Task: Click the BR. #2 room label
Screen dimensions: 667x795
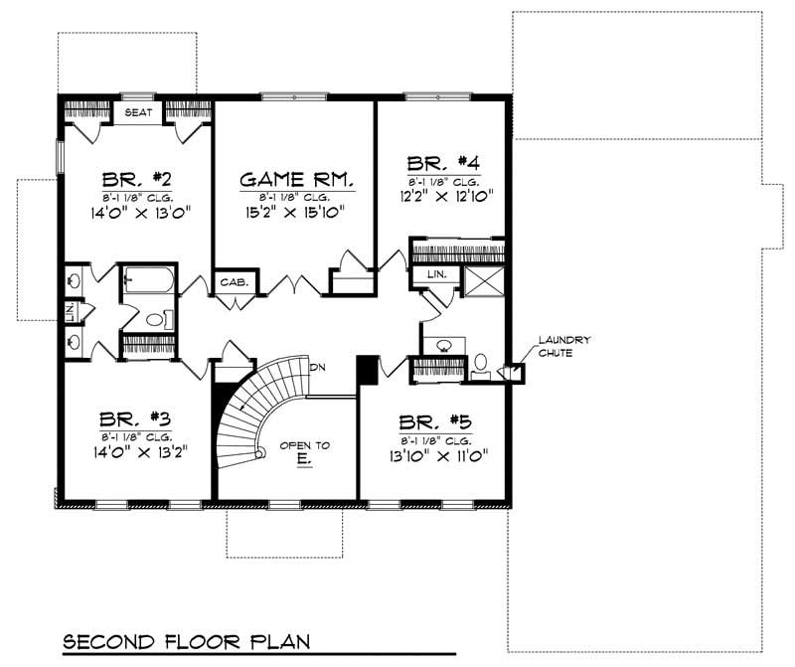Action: (x=137, y=180)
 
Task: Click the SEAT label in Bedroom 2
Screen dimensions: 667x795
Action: (x=138, y=112)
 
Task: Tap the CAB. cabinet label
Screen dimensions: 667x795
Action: (x=237, y=284)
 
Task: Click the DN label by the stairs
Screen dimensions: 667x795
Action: (x=318, y=368)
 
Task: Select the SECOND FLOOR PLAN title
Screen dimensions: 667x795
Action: (x=187, y=641)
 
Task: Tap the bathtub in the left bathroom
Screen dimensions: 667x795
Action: (x=147, y=282)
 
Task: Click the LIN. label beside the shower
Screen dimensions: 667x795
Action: (x=435, y=274)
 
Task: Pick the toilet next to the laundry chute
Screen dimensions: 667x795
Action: (x=481, y=364)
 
